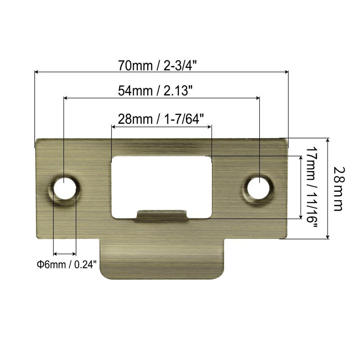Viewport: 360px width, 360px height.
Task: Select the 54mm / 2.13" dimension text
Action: point(155,91)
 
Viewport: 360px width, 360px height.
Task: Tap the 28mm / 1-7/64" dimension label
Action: point(161,119)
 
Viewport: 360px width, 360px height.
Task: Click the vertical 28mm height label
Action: point(338,189)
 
